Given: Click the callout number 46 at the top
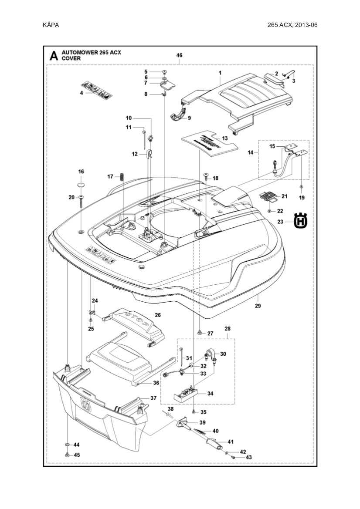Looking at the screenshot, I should pyautogui.click(x=179, y=55).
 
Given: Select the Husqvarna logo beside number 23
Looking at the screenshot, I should pyautogui.click(x=301, y=221).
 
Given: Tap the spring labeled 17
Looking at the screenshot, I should pyautogui.click(x=122, y=176).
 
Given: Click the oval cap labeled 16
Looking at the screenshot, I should pyautogui.click(x=81, y=185).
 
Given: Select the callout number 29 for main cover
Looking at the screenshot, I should pyautogui.click(x=258, y=306).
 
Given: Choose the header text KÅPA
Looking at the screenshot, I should pyautogui.click(x=51, y=25).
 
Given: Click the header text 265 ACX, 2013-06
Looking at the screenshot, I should pyautogui.click(x=292, y=25).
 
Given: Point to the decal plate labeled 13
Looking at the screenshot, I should pyautogui.click(x=209, y=142).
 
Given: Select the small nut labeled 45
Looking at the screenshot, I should pyautogui.click(x=67, y=455).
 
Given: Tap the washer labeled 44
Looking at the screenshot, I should pyautogui.click(x=67, y=444).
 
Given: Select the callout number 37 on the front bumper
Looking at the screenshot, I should pyautogui.click(x=153, y=398).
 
